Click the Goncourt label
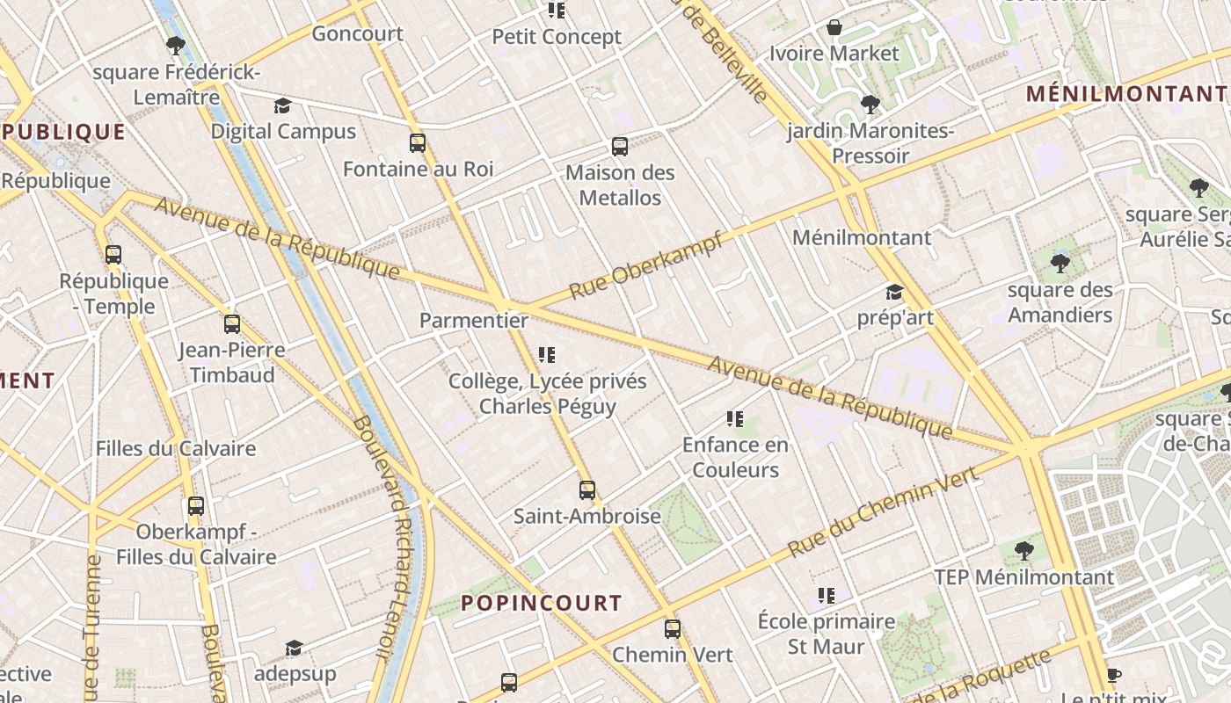(357, 34)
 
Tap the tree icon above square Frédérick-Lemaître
(175, 46)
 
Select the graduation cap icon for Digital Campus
(282, 106)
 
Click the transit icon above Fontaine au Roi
(418, 142)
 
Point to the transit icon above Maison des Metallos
(620, 146)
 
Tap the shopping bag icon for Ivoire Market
(834, 27)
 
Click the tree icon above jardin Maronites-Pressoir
(870, 105)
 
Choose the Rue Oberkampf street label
(645, 265)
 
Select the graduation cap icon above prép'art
(894, 292)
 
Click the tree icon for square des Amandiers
(1060, 263)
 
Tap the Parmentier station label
(473, 321)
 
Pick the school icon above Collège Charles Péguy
(547, 355)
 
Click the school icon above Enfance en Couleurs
(735, 419)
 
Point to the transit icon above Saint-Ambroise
(587, 489)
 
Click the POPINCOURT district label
(542, 603)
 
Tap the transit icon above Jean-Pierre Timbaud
(232, 323)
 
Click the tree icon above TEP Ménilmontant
(1023, 551)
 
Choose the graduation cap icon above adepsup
(294, 649)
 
